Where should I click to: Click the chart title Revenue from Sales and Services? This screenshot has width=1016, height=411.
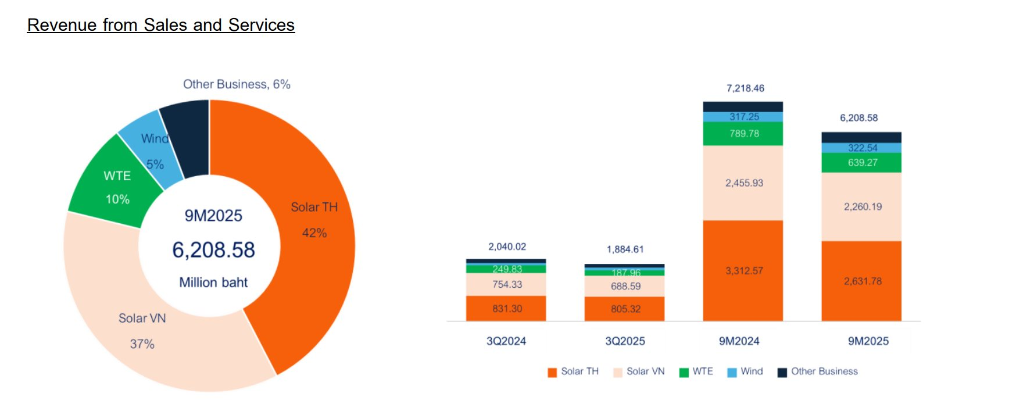click(161, 25)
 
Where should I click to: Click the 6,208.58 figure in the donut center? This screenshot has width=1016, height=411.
click(213, 250)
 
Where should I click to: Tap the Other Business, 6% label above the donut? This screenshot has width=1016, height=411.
click(237, 84)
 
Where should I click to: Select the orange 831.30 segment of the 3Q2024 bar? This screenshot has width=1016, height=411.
click(506, 308)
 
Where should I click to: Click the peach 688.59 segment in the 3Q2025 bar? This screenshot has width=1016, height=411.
click(625, 286)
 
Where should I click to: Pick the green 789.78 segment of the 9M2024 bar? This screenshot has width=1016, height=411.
click(743, 134)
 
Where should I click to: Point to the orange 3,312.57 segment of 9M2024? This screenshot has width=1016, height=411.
click(743, 270)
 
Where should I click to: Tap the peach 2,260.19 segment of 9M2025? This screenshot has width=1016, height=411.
click(862, 206)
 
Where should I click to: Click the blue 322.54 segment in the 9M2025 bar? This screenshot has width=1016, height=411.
click(862, 148)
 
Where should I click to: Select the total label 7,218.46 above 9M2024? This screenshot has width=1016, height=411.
click(745, 88)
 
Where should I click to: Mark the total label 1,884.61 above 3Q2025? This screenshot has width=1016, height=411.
click(625, 249)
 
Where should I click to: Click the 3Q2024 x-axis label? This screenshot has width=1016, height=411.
click(506, 341)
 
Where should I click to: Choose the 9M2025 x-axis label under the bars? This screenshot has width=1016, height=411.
click(868, 341)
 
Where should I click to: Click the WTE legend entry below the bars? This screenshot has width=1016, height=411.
click(697, 371)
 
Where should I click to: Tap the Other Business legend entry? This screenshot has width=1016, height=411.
click(818, 371)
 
